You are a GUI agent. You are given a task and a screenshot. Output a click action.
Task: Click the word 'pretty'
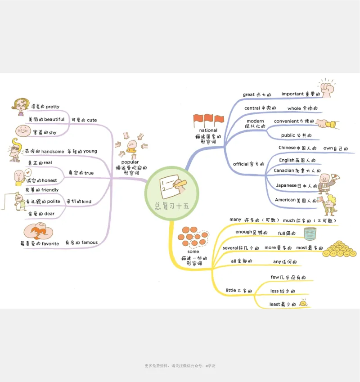click(x=52, y=107)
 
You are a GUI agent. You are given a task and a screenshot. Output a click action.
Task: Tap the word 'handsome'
click(x=53, y=152)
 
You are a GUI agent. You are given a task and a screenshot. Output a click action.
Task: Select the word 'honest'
click(x=49, y=180)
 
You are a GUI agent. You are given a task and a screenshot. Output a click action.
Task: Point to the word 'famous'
click(x=90, y=243)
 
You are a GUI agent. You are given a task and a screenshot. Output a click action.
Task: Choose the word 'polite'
click(x=54, y=201)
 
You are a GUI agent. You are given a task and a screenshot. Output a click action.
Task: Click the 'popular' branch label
click(x=130, y=162)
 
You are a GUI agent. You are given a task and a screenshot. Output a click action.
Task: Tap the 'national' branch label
click(x=208, y=130)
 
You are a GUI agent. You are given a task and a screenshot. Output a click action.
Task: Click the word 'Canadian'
click(x=283, y=171)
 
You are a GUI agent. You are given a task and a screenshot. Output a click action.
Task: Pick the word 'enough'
click(x=243, y=232)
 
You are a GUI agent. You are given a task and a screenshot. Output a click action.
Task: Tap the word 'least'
click(x=274, y=304)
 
